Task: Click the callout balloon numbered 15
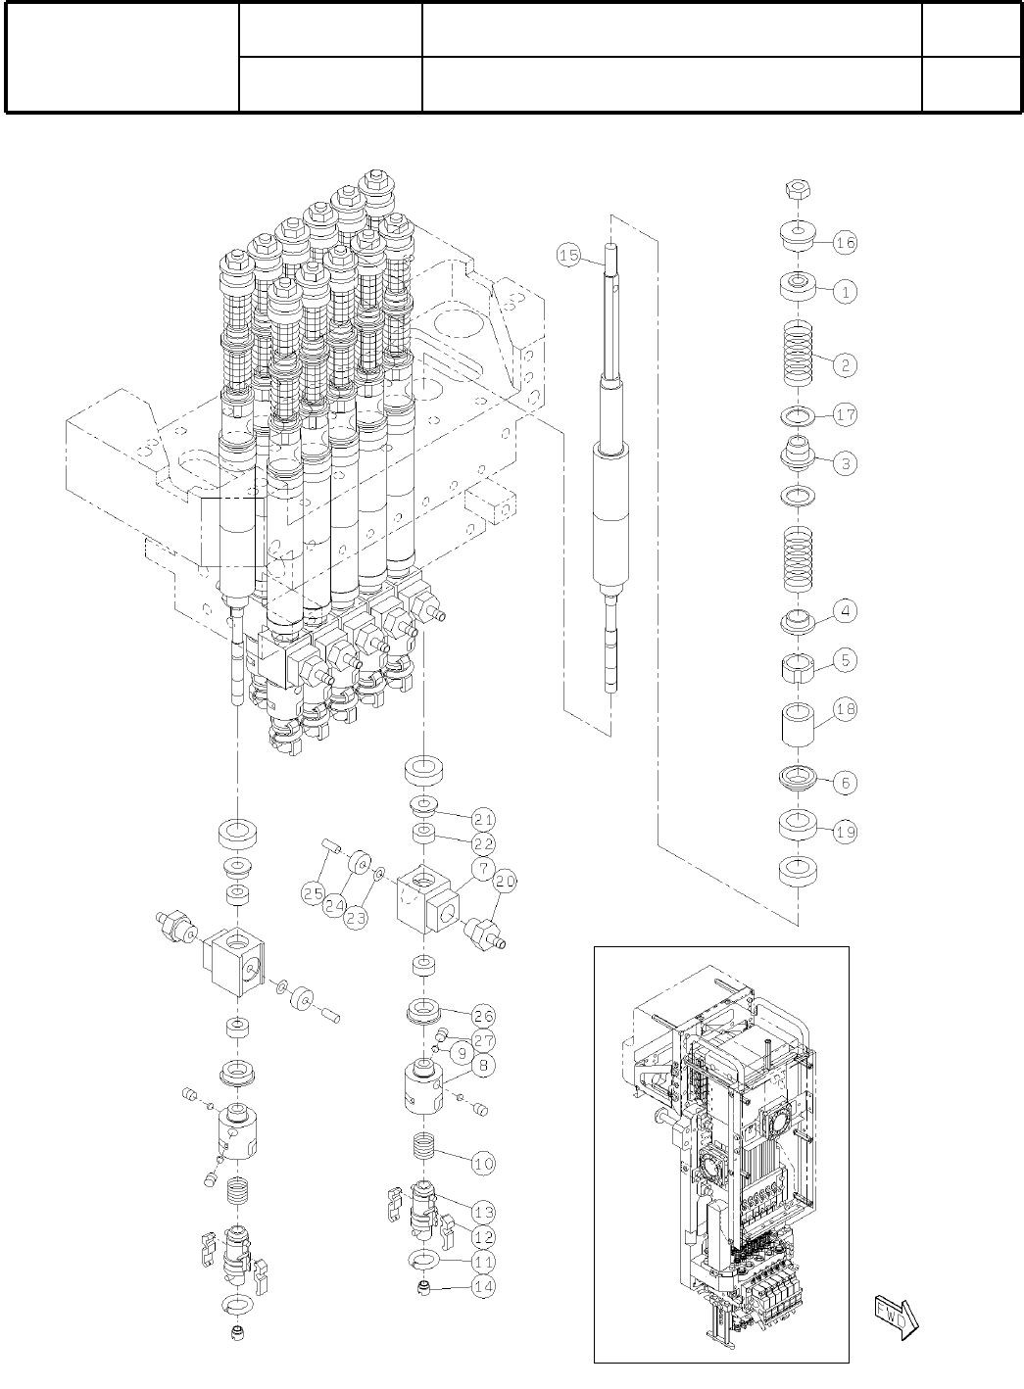click(x=569, y=256)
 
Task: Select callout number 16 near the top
click(x=846, y=242)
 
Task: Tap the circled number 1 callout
click(x=846, y=291)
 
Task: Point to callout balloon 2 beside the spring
click(x=846, y=365)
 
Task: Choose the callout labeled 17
click(x=846, y=415)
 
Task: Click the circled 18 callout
click(x=846, y=709)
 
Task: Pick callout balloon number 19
click(x=846, y=833)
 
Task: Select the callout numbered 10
click(x=482, y=1164)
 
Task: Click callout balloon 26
click(x=482, y=1015)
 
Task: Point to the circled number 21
click(x=482, y=819)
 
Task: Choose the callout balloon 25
click(x=314, y=892)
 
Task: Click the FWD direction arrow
click(x=894, y=1317)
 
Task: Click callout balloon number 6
click(x=846, y=783)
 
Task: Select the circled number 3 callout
click(x=846, y=464)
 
